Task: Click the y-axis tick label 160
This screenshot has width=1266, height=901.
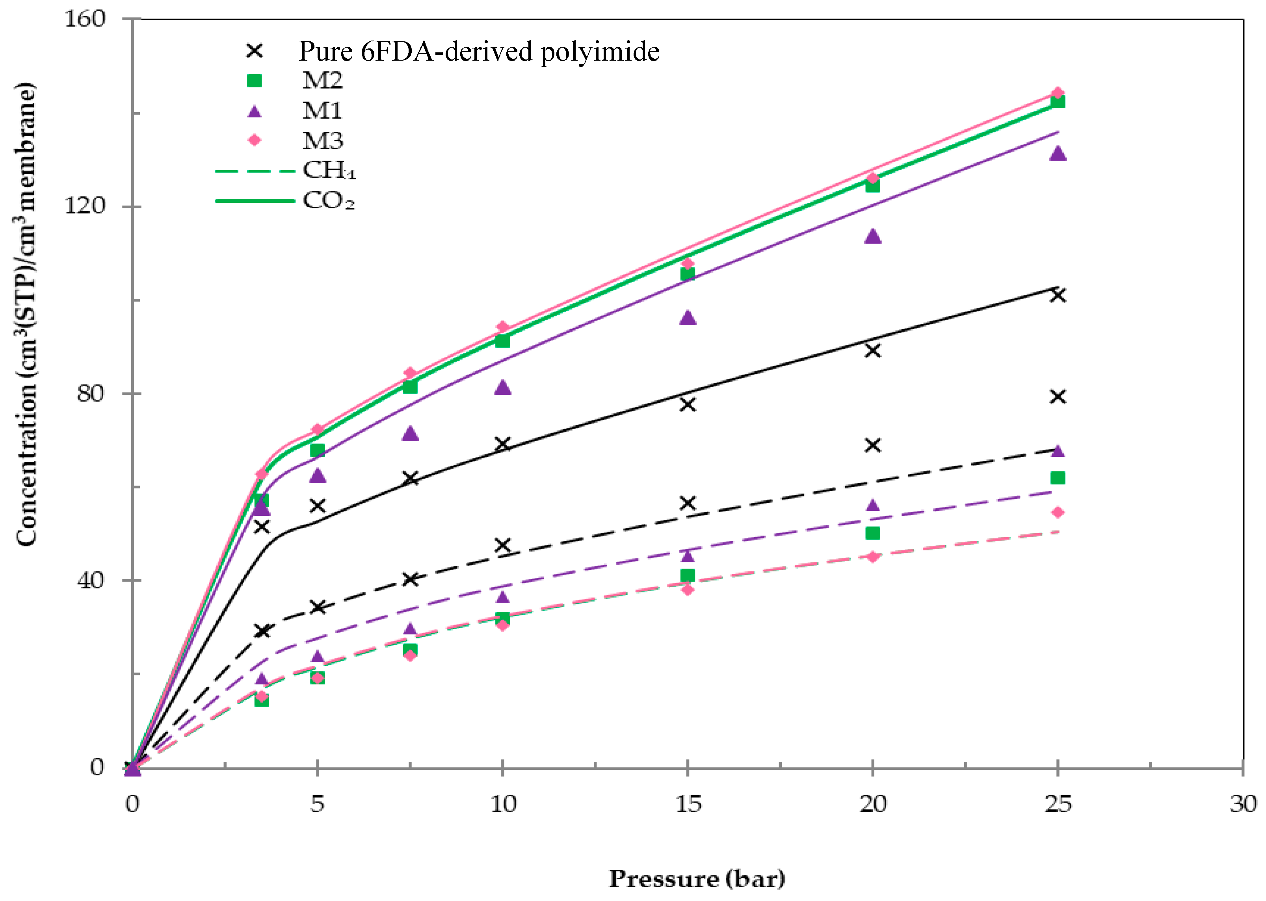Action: coord(84,19)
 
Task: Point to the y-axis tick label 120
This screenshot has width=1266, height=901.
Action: coord(84,206)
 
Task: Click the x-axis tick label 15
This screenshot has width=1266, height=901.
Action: coord(688,804)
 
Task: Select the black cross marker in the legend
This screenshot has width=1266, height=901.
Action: coord(254,51)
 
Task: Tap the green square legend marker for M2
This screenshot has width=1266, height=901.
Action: coord(254,81)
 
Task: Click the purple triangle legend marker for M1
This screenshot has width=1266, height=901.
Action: coord(254,111)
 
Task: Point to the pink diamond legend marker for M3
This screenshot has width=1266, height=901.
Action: coord(254,140)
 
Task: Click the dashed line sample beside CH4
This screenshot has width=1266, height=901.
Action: coord(254,171)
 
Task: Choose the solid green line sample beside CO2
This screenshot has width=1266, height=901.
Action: coord(254,200)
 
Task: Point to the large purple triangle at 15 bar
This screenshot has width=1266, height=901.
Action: coord(688,318)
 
